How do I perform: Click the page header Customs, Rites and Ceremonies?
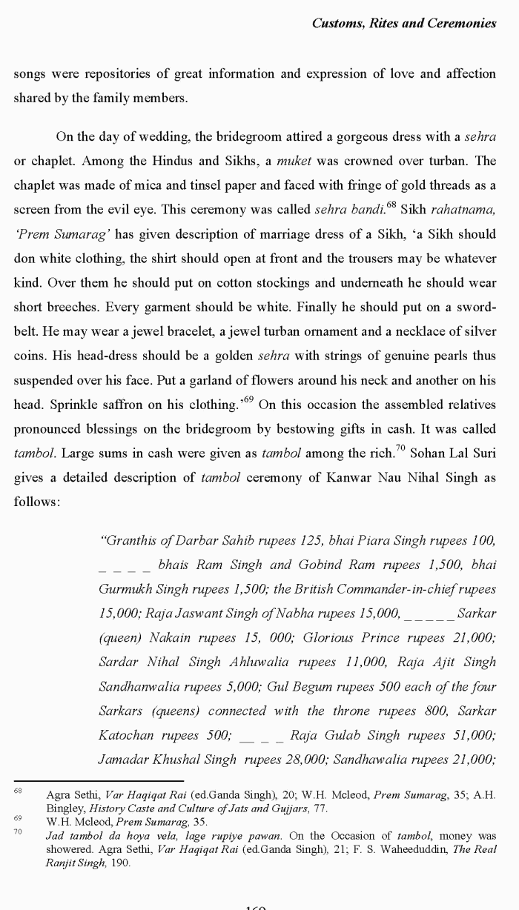[403, 23]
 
